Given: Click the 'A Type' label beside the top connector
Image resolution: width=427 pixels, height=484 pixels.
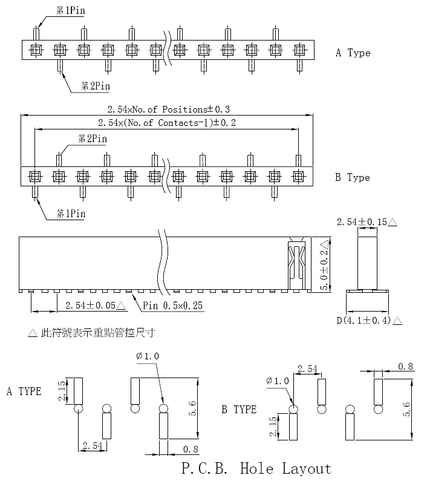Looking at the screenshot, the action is pos(353,53).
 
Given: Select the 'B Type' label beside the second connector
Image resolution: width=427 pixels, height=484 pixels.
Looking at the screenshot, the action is pos(353,177).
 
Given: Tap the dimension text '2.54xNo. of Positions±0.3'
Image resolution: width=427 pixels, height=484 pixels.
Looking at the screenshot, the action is pos(169,110).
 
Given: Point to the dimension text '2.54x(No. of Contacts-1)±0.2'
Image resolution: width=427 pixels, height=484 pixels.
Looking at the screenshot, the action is pos(167,123).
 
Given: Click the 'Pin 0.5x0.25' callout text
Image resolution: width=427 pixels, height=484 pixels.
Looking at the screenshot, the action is pos(172,306).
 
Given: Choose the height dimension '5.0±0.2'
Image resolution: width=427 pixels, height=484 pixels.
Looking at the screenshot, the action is pos(324,266).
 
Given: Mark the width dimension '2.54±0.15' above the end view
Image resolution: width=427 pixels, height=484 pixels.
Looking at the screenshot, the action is pos(367,222).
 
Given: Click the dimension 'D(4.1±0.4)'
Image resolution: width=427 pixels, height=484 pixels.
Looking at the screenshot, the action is pos(369,321).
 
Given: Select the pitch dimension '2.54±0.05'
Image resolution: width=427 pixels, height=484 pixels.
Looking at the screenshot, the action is pos(96,306).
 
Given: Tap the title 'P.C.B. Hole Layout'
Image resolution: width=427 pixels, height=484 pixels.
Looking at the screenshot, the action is pos(256,468).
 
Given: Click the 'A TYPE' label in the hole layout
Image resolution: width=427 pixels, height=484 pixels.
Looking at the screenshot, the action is pos(24,391).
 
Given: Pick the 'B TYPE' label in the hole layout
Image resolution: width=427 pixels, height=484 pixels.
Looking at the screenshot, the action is pos(239,410).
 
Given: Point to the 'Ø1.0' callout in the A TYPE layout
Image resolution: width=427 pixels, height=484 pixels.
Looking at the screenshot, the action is pos(148,356).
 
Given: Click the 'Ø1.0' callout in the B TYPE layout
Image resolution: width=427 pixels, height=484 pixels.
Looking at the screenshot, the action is pos(278,381).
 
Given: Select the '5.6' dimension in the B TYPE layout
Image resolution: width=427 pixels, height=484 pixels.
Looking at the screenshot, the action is pos(406,409).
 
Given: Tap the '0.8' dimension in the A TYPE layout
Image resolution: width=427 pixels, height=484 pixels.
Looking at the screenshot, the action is pos(191,449).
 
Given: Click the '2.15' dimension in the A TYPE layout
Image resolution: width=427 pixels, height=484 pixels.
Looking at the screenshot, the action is pos(62,391).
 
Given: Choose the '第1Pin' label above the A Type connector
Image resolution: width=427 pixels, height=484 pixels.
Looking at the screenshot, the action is pos(70,10).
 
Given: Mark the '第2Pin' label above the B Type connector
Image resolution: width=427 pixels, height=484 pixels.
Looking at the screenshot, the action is pos(93,139).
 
